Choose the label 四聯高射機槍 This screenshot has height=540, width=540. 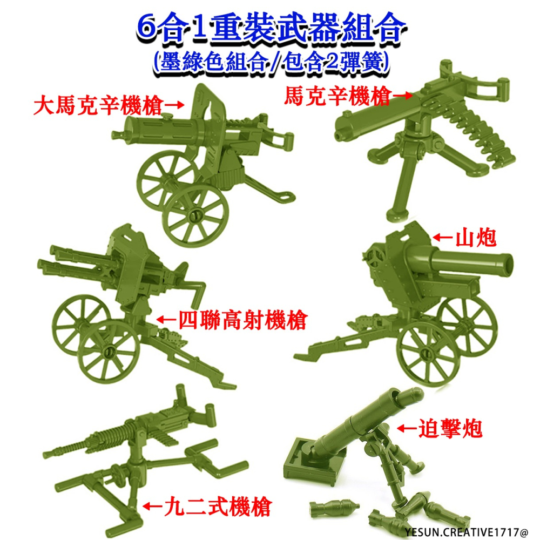[x=240, y=321]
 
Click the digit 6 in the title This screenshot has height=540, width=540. [x=147, y=30]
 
